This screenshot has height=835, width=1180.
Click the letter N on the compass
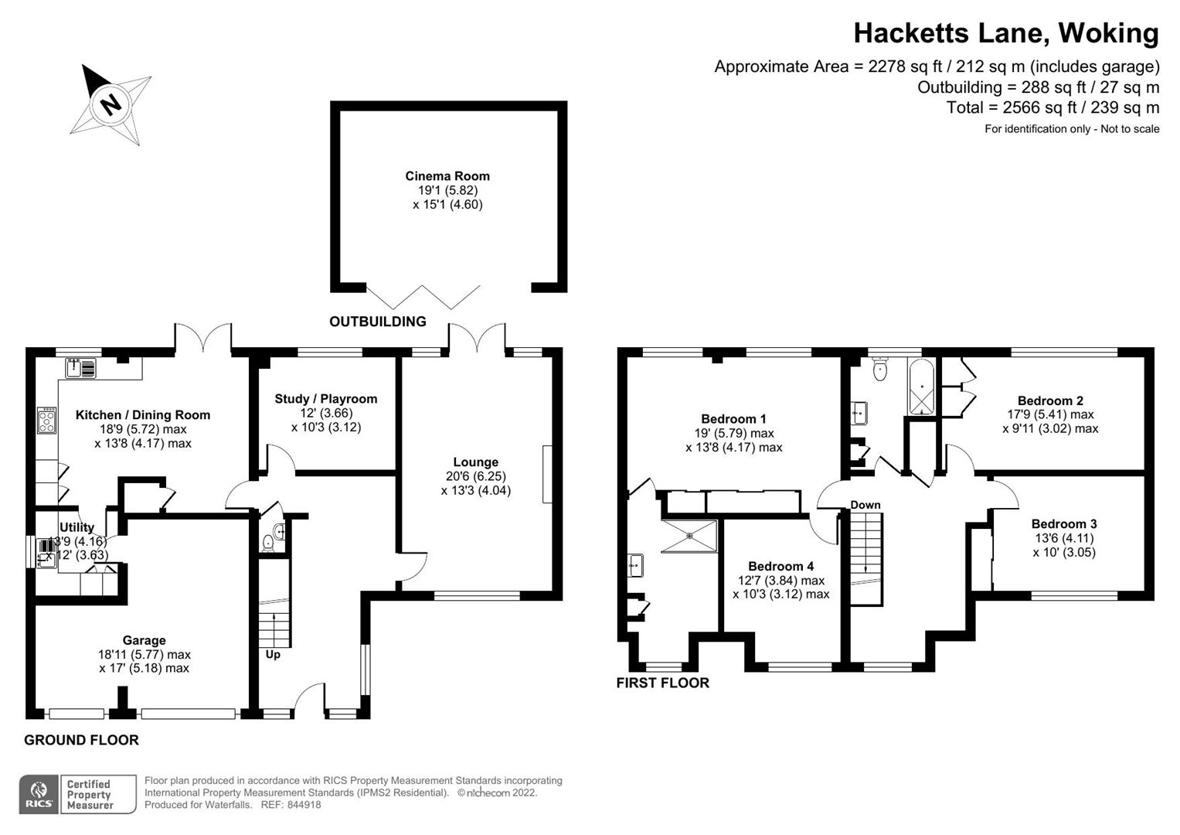(x=112, y=104)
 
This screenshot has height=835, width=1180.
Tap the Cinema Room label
(x=447, y=176)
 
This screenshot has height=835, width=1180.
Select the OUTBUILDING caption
(x=377, y=322)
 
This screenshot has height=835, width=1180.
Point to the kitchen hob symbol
(x=46, y=420)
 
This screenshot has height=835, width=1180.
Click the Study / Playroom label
(x=326, y=399)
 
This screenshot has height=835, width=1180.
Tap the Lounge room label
(x=475, y=462)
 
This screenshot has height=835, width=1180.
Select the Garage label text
(x=144, y=640)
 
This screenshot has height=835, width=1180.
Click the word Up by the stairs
(x=273, y=655)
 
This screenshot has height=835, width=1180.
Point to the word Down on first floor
(x=865, y=505)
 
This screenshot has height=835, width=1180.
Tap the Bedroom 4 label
(x=780, y=566)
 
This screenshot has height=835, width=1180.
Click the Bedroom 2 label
(x=1050, y=400)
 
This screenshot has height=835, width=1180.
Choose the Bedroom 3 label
(x=1064, y=524)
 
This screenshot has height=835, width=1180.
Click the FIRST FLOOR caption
(x=662, y=683)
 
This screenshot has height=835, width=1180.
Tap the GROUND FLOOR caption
(x=81, y=740)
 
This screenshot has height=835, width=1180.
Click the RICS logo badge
(x=39, y=794)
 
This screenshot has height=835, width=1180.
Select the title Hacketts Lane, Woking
(x=1005, y=33)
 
